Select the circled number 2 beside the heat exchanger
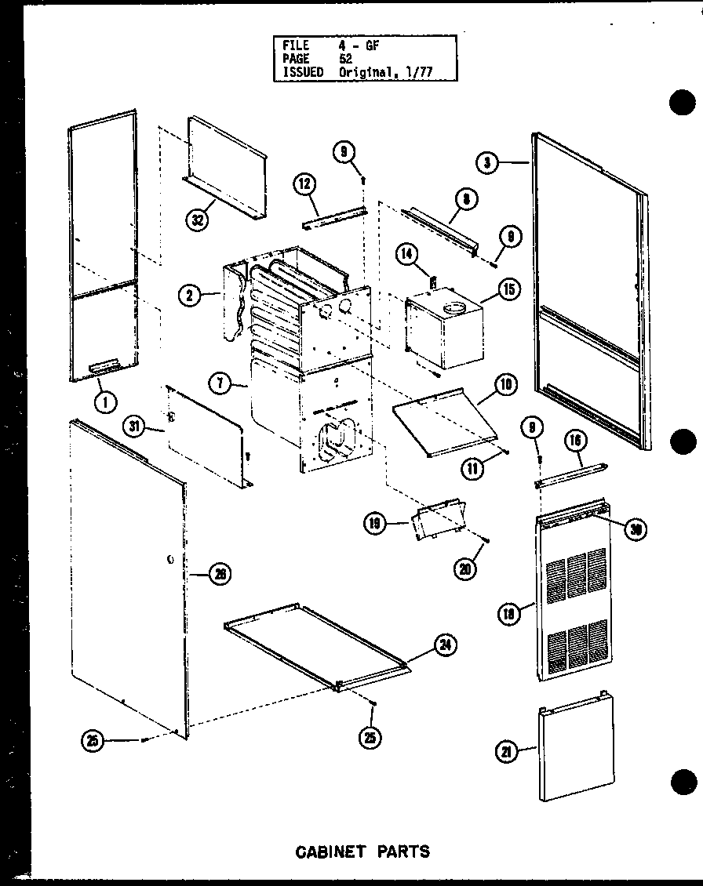[188, 296]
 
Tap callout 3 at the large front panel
[486, 162]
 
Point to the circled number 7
[220, 383]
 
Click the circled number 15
[508, 289]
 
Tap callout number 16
[577, 442]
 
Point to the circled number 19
[375, 523]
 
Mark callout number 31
[136, 427]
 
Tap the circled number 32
[198, 220]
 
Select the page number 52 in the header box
[346, 59]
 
